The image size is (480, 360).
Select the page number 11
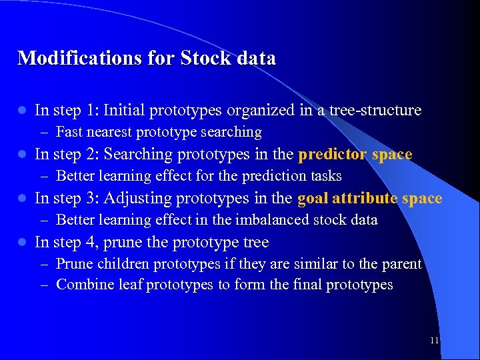(x=434, y=340)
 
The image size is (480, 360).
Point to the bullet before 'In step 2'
(x=21, y=155)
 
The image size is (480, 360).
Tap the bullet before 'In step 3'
(x=21, y=199)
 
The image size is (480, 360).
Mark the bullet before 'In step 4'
(x=21, y=242)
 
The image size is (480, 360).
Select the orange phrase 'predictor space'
(x=355, y=154)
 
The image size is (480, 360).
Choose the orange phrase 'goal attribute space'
(x=369, y=198)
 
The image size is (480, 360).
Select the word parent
(x=400, y=264)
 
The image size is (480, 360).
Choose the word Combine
(x=83, y=285)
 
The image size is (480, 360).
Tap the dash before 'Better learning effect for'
(x=45, y=176)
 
